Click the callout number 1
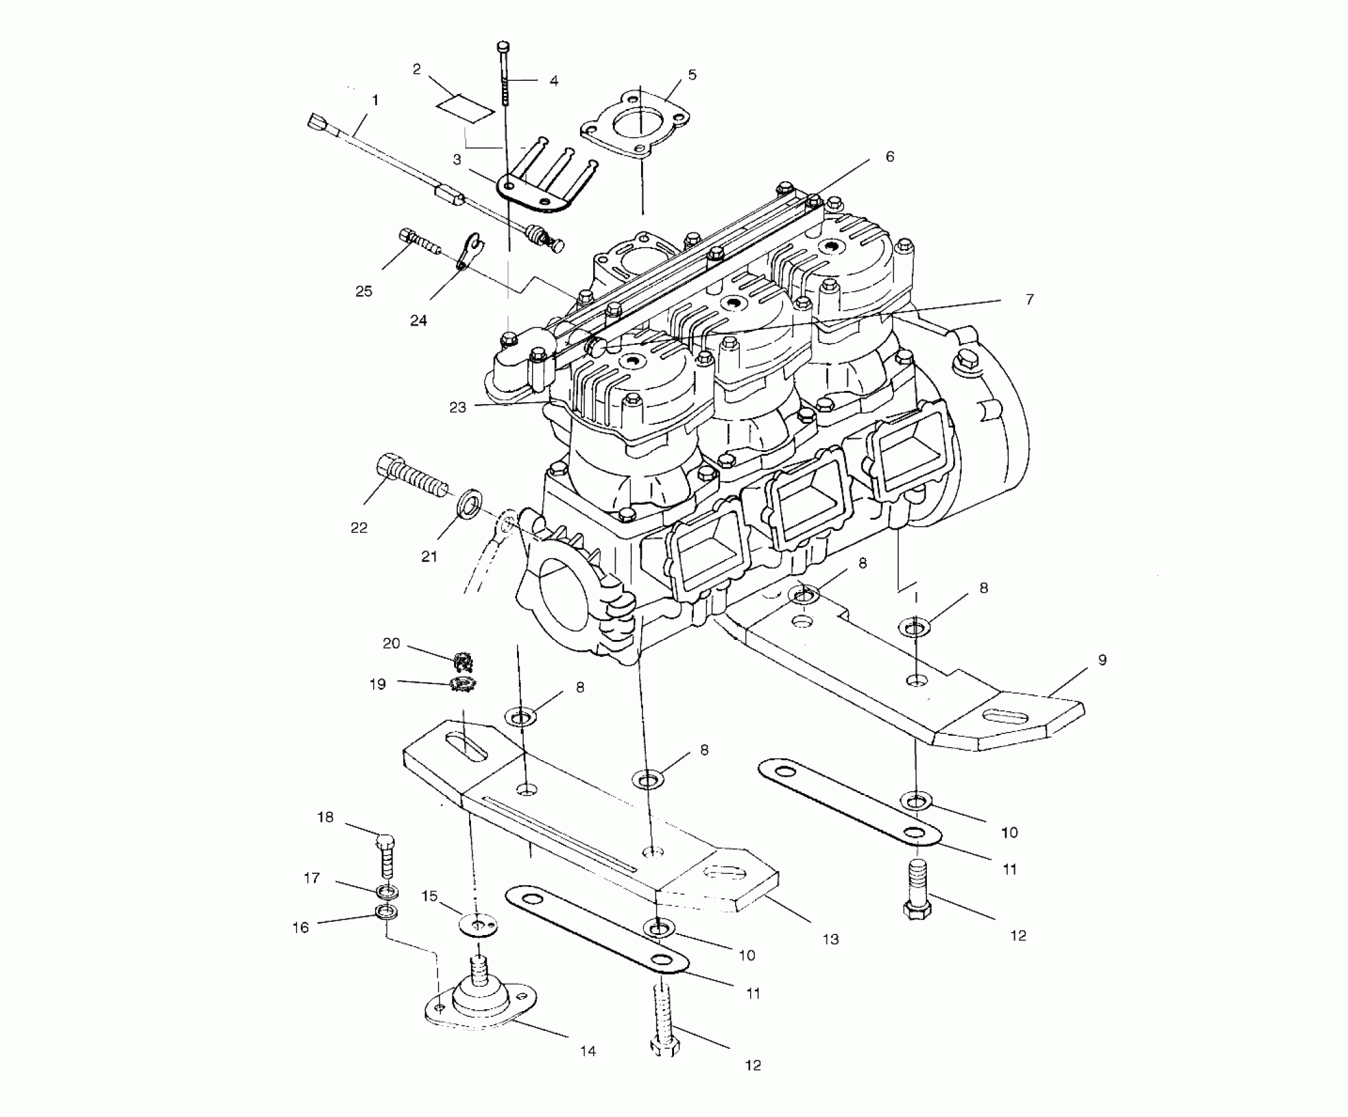pyautogui.click(x=375, y=101)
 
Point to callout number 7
pyautogui.click(x=1029, y=300)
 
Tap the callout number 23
pyautogui.click(x=457, y=407)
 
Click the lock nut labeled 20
pyautogui.click(x=466, y=659)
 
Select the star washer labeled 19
pyautogui.click(x=463, y=685)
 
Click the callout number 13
pyautogui.click(x=830, y=939)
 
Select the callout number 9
pyautogui.click(x=1102, y=660)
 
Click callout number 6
pyautogui.click(x=889, y=157)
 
